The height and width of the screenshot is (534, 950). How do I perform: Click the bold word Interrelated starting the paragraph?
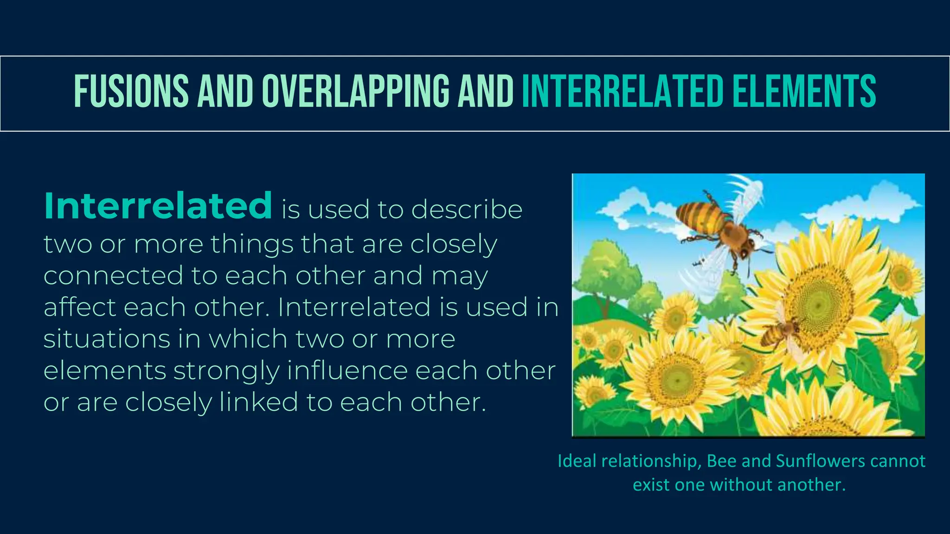(x=158, y=206)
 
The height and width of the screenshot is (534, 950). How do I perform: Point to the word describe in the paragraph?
(x=467, y=210)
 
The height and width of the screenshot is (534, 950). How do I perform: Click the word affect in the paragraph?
(x=79, y=307)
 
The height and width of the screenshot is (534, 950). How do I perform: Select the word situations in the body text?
(x=107, y=339)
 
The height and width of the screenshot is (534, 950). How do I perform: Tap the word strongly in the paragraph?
(x=226, y=371)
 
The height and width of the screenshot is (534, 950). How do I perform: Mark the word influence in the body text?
(x=347, y=370)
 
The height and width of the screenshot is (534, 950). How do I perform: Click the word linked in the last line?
(x=258, y=402)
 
